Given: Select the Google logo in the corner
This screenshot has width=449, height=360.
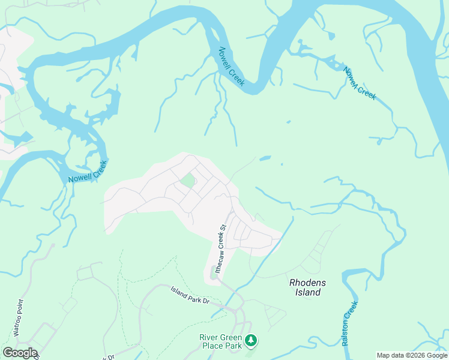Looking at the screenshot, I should [20, 353].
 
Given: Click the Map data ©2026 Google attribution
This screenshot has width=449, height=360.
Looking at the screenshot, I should [412, 355].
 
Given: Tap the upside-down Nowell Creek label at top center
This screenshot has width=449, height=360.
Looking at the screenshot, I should [232, 67].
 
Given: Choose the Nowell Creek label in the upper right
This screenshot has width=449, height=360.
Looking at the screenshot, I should [360, 83].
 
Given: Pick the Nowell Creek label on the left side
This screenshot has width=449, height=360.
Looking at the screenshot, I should [88, 172].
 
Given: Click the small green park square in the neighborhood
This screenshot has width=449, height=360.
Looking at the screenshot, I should [188, 181].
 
